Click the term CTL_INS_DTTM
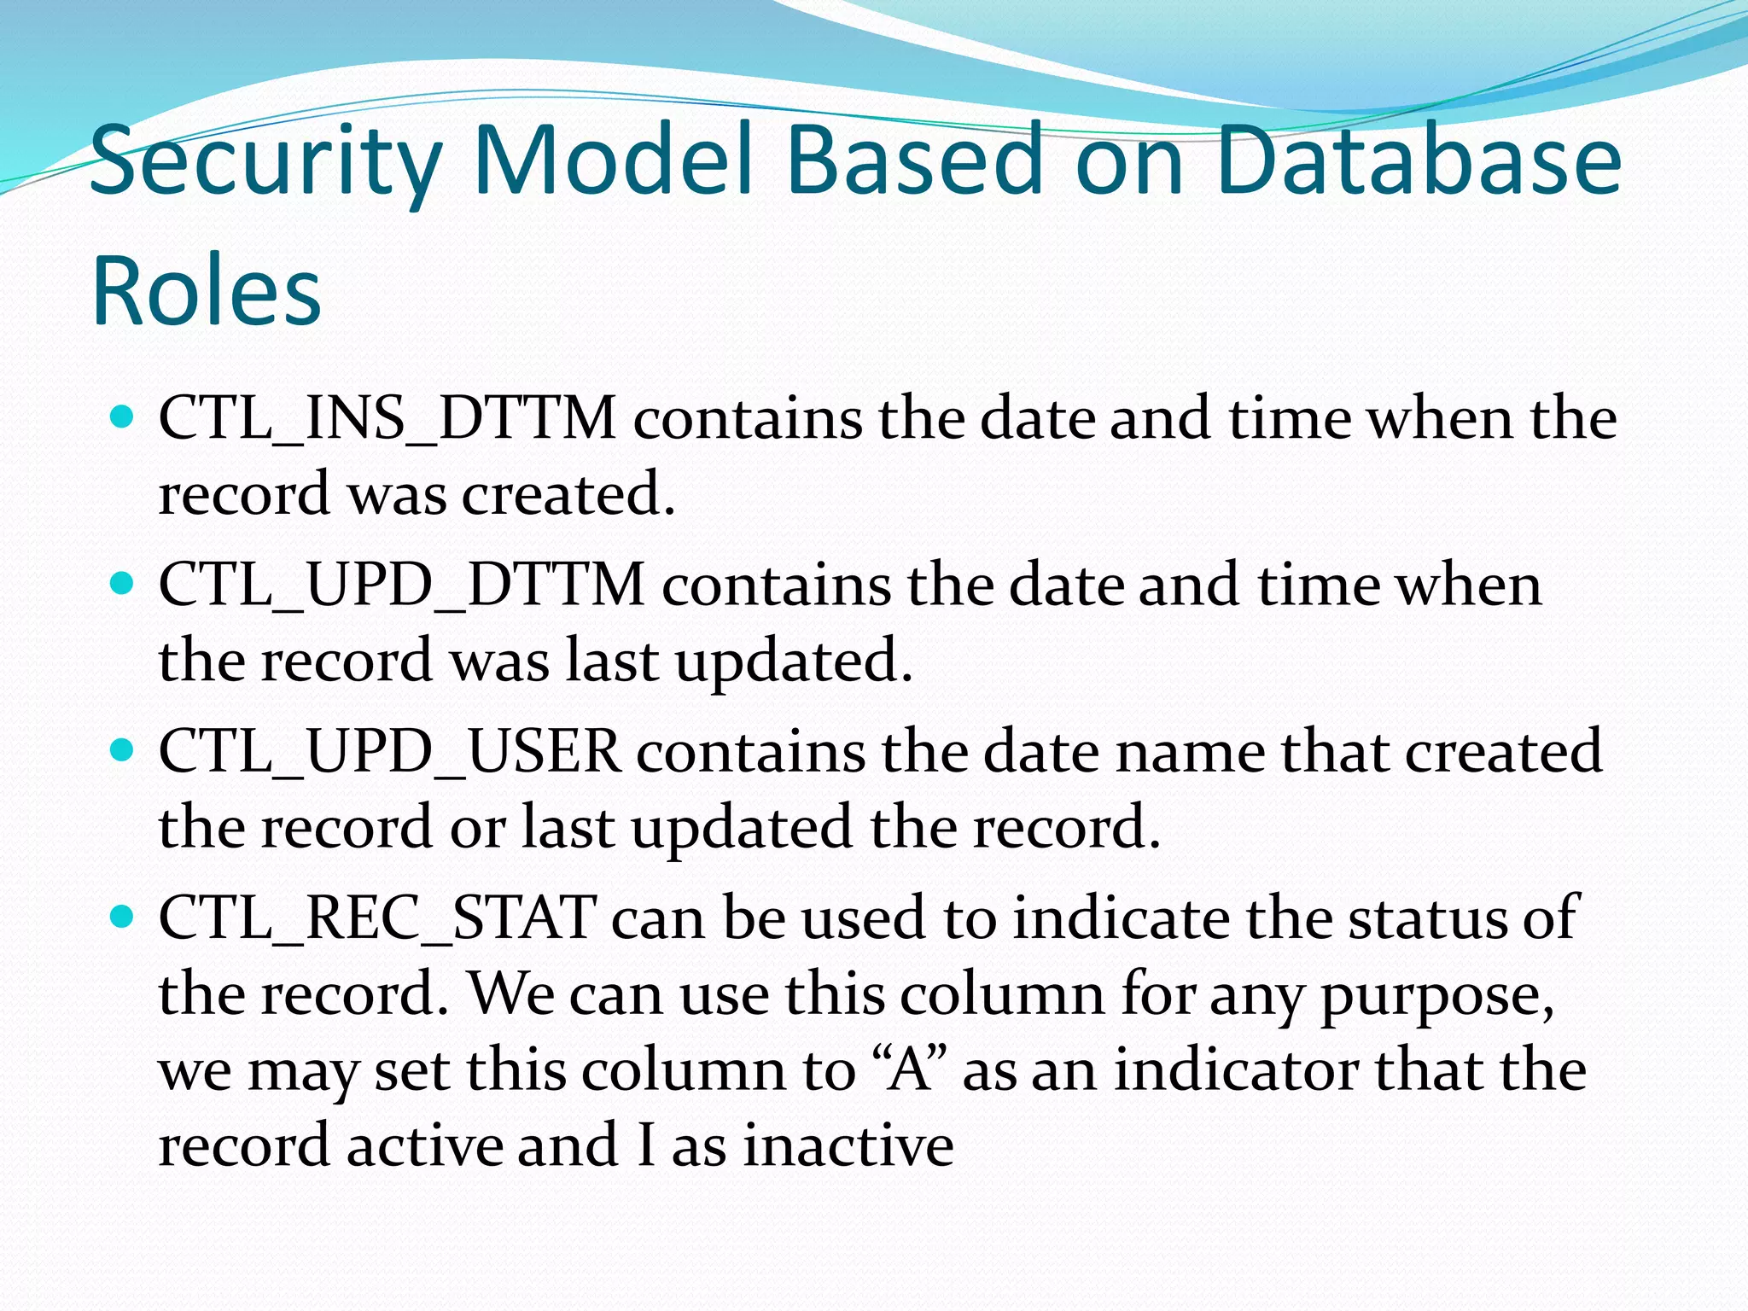(x=387, y=420)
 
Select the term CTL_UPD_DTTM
(x=402, y=586)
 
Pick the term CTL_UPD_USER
(x=390, y=752)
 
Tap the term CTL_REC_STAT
(x=377, y=918)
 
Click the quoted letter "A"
(x=911, y=1071)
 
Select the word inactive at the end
(x=848, y=1146)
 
